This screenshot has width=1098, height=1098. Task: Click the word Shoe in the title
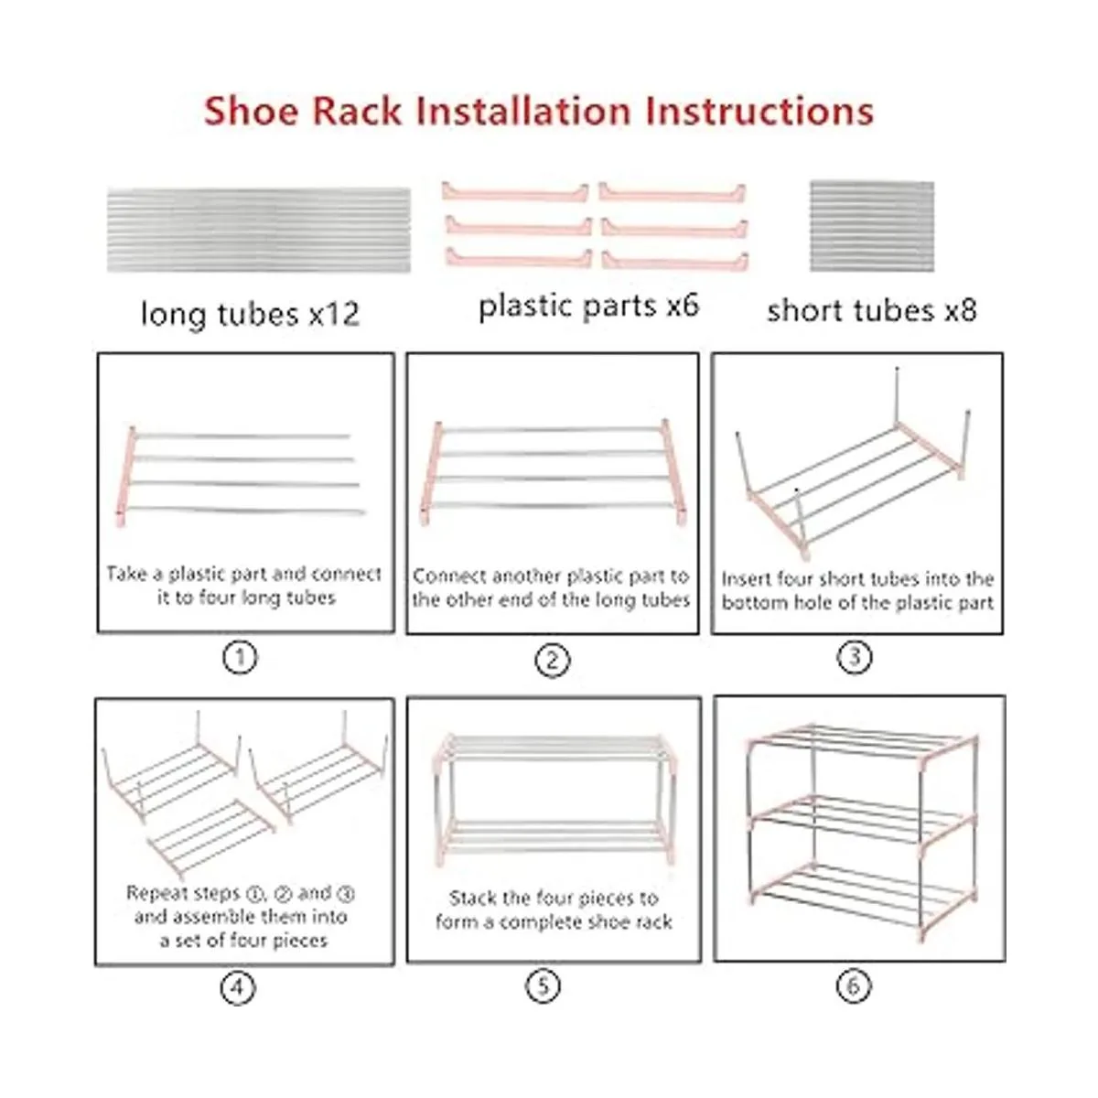tap(252, 111)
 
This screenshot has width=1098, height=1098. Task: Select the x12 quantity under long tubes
tap(334, 314)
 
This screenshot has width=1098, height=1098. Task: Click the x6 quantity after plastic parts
tap(683, 305)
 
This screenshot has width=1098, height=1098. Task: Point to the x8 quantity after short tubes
tap(961, 310)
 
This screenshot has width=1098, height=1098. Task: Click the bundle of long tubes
tap(259, 231)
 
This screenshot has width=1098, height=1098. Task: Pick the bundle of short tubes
tap(872, 226)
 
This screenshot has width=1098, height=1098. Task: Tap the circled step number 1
tap(240, 658)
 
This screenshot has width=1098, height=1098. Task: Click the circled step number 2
tap(552, 661)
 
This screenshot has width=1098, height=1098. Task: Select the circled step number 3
tap(854, 657)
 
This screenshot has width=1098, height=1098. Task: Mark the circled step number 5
tap(543, 985)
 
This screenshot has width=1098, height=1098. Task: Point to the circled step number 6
tap(854, 985)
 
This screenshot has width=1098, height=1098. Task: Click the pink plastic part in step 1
tap(126, 477)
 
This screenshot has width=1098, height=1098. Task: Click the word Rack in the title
tap(357, 111)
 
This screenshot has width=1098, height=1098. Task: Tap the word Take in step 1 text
tap(126, 573)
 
